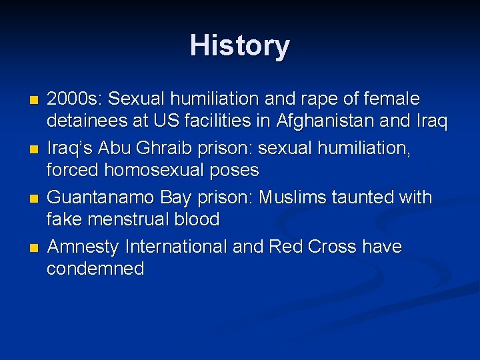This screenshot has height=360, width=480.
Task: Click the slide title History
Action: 240,46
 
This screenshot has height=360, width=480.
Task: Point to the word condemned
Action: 95,269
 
